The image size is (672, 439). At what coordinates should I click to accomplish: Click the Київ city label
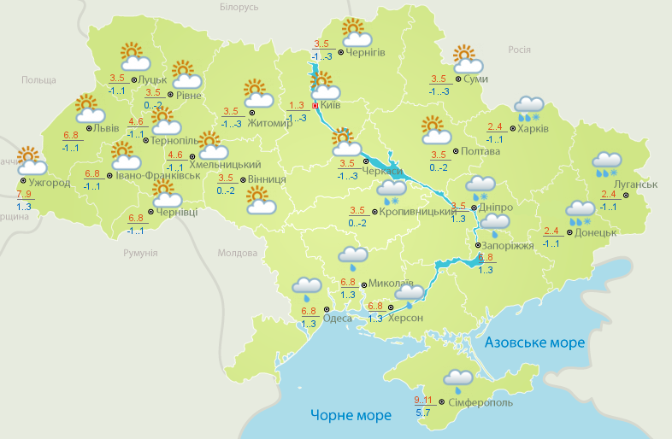pos(331,106)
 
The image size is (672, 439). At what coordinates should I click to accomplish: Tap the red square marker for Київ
pos(315,106)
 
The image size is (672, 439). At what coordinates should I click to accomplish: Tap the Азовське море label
pos(534,342)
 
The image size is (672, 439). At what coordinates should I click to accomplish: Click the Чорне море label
pos(351,415)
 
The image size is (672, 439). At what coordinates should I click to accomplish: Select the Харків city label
pos(533,130)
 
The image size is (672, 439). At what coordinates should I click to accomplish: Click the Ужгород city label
pos(49,183)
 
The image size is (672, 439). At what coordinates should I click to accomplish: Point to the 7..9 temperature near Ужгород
pos(24,196)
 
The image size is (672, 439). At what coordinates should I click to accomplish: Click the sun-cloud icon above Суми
pos(467,59)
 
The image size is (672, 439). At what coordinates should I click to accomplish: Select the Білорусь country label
pos(239,8)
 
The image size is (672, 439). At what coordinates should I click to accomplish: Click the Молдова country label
pos(237,254)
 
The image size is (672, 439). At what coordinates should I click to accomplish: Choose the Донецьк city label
pos(595,232)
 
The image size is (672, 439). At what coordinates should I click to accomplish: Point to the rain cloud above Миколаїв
pos(353,256)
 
